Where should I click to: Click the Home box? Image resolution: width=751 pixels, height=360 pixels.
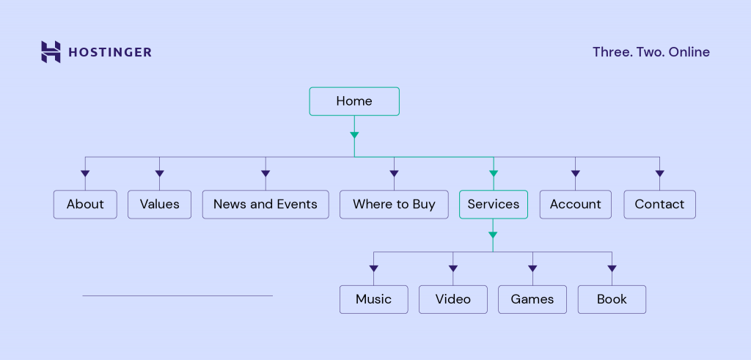coord(354,101)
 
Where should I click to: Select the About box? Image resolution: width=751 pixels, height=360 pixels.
coord(85,205)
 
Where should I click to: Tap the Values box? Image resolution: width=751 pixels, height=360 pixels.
coord(159,205)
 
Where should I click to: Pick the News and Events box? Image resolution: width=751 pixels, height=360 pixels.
coord(265,205)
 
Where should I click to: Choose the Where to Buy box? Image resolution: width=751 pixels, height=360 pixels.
coord(394,205)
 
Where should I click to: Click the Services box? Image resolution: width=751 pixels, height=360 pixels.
coord(493,205)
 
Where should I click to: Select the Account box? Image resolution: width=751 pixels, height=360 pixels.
coord(575,205)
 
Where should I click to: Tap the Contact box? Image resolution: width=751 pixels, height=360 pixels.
coord(659,205)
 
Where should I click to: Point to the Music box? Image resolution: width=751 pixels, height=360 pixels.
coord(373,299)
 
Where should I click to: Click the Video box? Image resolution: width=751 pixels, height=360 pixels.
coord(453,299)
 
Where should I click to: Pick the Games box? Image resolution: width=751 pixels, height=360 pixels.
coord(532,299)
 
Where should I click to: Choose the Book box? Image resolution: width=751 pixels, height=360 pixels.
coord(612,299)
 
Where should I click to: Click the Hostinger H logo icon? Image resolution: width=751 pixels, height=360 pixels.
coord(51,52)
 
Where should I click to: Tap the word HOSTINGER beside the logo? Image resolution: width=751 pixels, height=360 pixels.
coord(110,52)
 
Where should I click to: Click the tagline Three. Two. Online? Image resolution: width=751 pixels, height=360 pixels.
coord(651,52)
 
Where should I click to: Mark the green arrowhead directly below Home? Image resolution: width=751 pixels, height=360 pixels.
coord(354,135)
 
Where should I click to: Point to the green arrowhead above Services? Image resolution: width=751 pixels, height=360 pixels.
coord(493,174)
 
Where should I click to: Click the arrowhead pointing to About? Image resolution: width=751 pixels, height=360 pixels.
coord(85,174)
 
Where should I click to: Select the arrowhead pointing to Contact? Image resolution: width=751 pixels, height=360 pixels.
coord(659,174)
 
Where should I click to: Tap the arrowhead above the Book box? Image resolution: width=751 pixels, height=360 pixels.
coord(612,268)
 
